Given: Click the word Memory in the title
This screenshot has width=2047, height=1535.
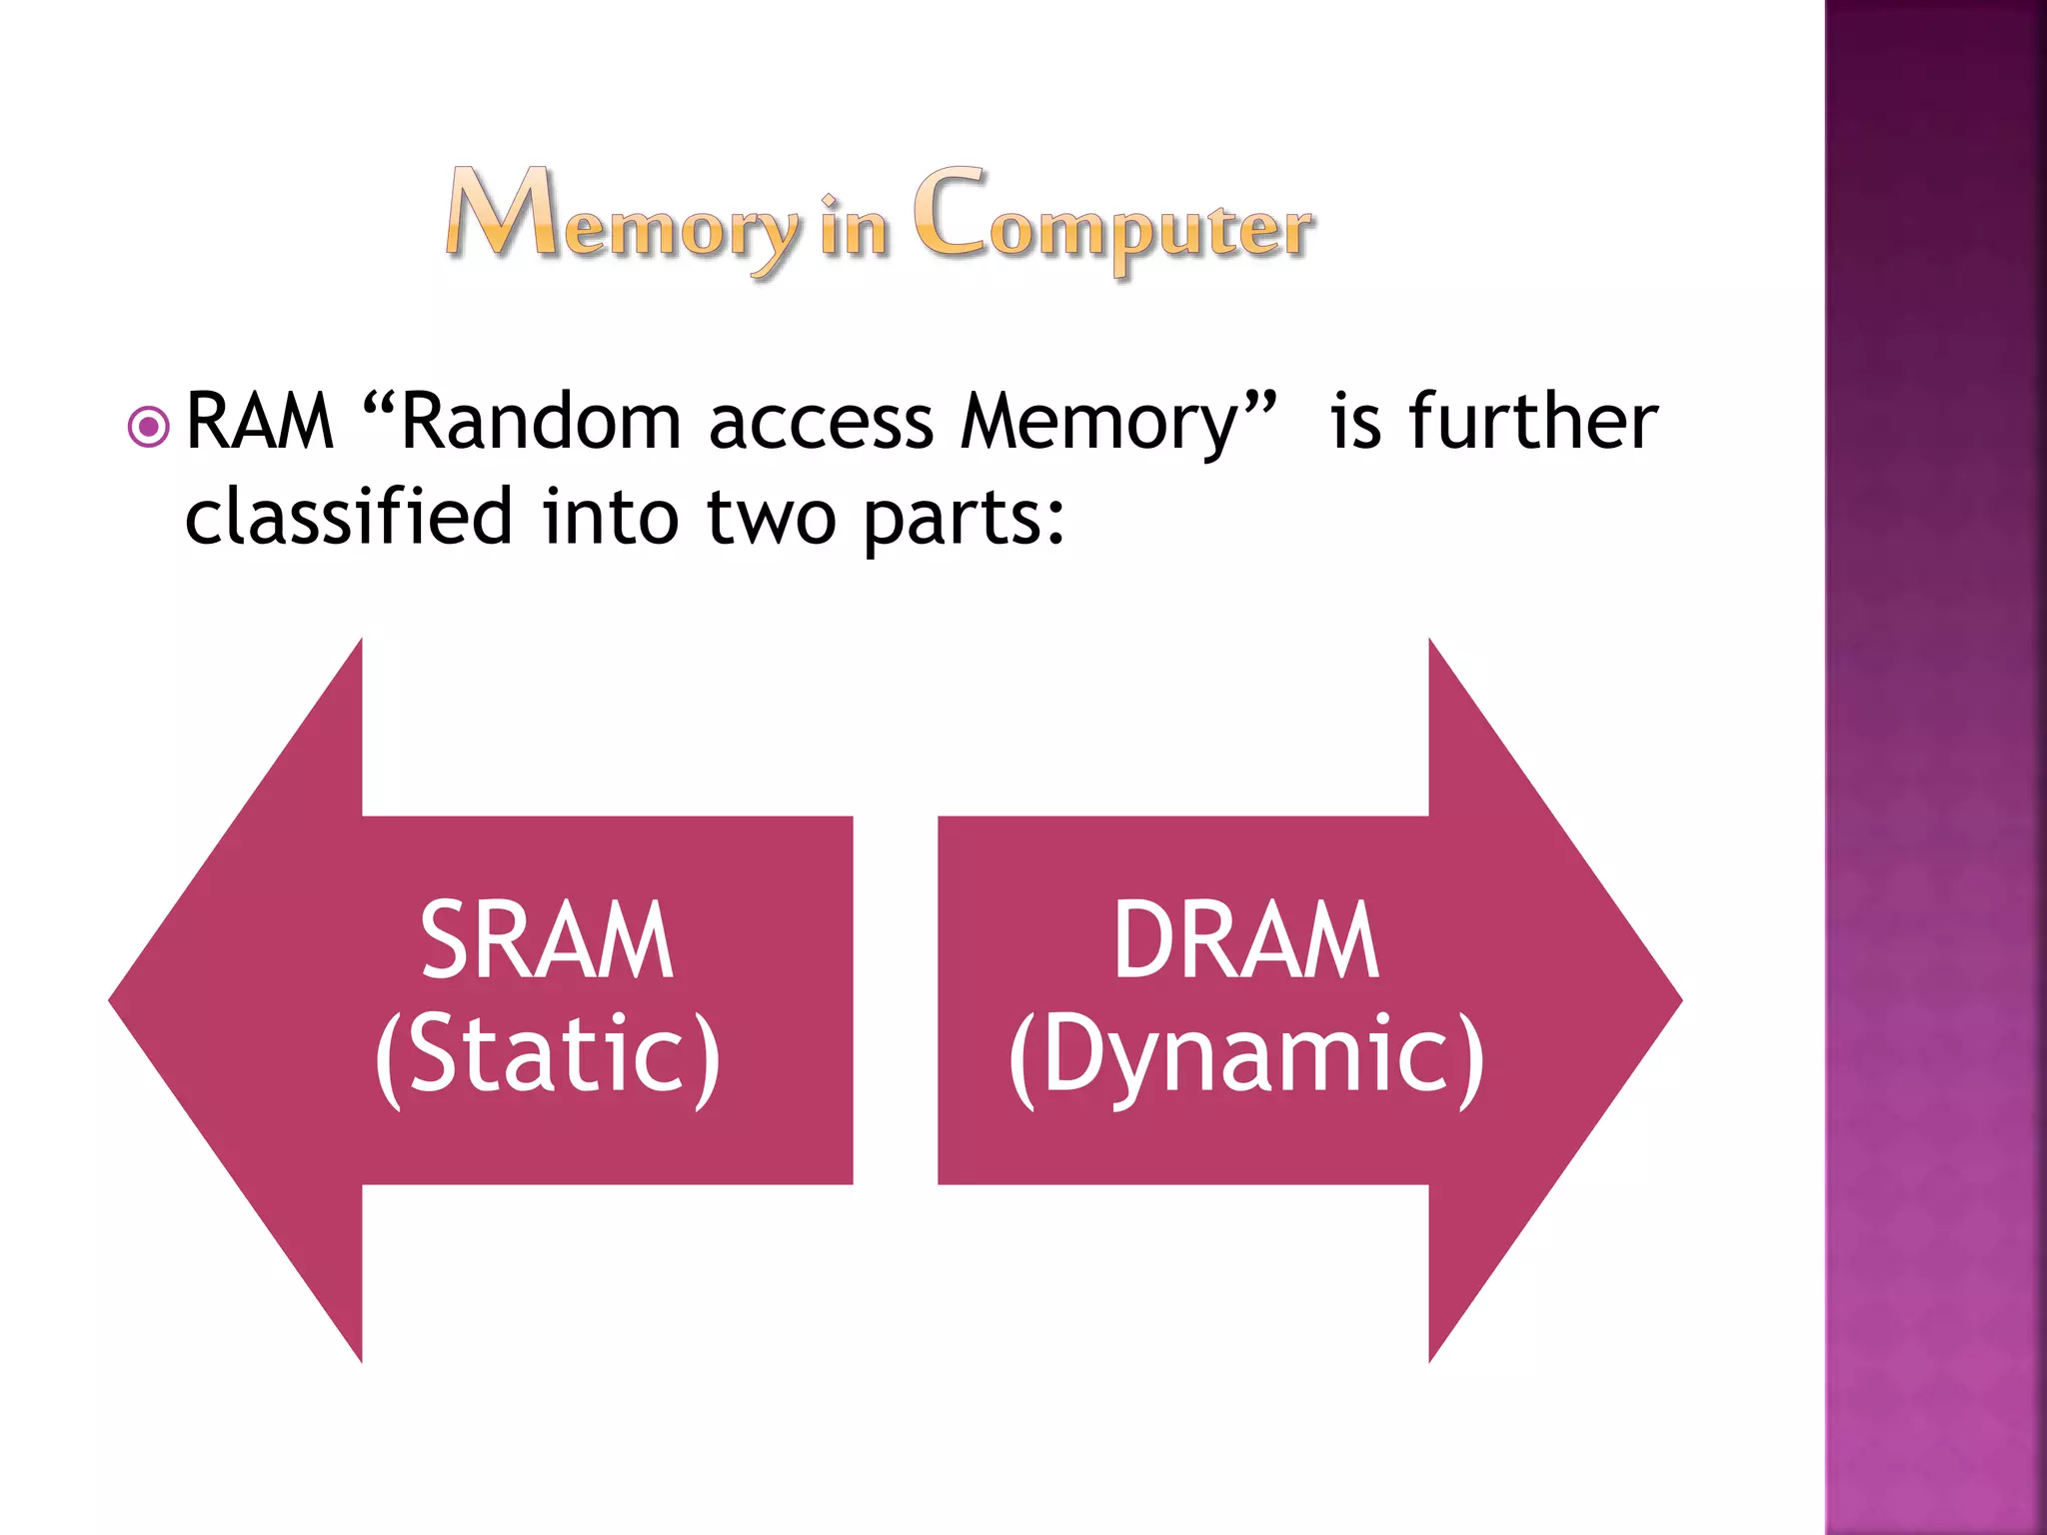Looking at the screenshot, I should click(622, 218).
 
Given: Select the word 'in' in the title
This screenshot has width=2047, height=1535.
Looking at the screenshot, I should click(854, 225).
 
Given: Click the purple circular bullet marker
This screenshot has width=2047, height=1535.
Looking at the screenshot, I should click(149, 428).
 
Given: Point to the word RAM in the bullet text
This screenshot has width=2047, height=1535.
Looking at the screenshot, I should click(260, 423).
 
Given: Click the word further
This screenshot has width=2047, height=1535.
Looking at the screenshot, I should click(1532, 423).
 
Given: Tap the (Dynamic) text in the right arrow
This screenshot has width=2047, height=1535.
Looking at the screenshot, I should click(1245, 1057).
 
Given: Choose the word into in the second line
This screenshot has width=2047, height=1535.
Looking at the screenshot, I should click(610, 518).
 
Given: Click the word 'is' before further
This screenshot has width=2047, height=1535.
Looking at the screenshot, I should click(1355, 423).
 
